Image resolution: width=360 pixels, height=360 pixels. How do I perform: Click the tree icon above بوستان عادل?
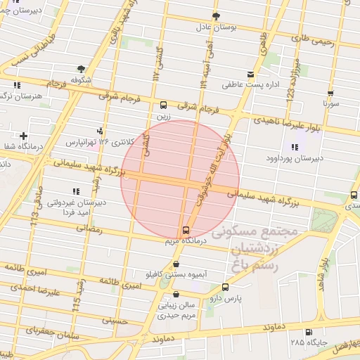pyautogui.click(x=216, y=15)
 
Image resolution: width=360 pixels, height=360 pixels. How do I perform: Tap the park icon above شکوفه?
pyautogui.click(x=82, y=69)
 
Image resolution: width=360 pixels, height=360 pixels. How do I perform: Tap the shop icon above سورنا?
pyautogui.click(x=330, y=93)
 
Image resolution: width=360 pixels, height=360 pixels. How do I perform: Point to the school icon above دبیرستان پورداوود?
pyautogui.click(x=294, y=147)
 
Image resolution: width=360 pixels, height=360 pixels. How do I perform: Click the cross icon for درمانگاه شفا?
pyautogui.click(x=24, y=135)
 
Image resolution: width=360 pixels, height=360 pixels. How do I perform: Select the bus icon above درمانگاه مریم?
pyautogui.click(x=186, y=230)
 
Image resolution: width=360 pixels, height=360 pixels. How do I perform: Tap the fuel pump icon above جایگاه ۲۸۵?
pyautogui.click(x=307, y=332)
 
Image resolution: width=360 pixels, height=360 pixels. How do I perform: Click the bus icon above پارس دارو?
pyautogui.click(x=225, y=287)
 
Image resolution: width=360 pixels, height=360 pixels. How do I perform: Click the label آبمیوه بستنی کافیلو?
pyautogui.click(x=174, y=274)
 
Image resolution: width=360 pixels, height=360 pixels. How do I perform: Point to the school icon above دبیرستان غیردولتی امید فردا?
pyautogui.click(x=75, y=191)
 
